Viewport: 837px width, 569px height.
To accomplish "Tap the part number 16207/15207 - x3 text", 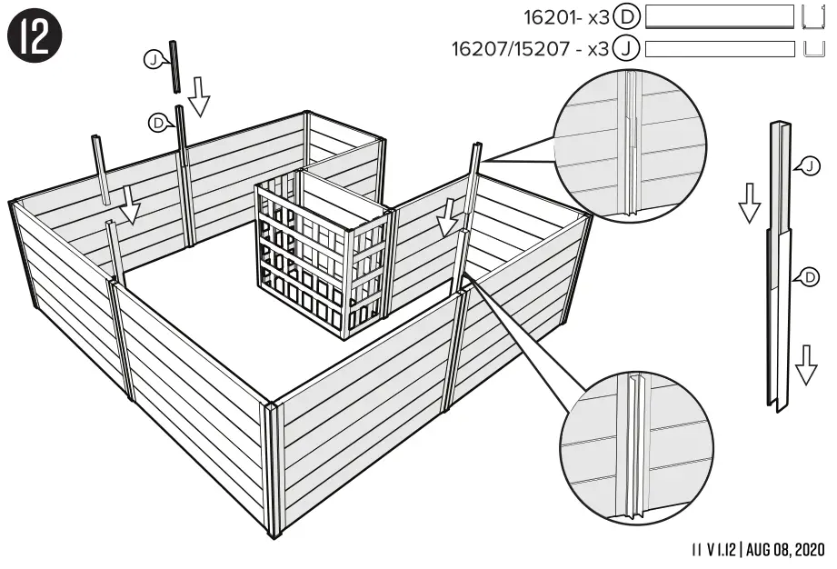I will [x=530, y=48].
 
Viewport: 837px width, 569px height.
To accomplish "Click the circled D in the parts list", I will [x=626, y=16].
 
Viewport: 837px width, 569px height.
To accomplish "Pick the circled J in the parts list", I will [x=626, y=48].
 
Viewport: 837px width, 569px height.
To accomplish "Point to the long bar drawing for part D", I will [x=720, y=16].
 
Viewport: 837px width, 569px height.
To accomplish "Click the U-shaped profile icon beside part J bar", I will [x=814, y=48].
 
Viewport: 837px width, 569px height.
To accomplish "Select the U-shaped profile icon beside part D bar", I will [x=814, y=16].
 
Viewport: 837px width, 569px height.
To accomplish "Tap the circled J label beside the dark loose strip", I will [x=153, y=60].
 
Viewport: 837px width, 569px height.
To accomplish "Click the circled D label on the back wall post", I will [x=161, y=122].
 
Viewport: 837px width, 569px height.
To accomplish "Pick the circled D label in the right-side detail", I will [x=810, y=277].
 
